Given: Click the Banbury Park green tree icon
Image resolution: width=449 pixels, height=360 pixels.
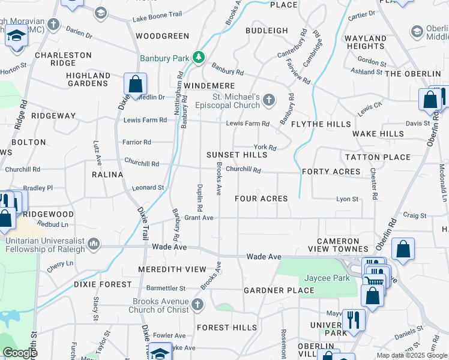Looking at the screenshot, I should click(x=199, y=58).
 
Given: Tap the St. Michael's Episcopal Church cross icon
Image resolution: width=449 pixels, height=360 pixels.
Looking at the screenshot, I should click(x=270, y=100).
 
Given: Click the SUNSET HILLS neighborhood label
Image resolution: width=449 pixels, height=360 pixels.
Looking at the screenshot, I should click(x=237, y=155).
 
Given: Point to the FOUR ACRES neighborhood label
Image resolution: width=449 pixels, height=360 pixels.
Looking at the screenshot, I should click(x=261, y=199).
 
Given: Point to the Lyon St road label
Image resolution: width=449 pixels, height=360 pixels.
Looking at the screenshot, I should click(x=347, y=199).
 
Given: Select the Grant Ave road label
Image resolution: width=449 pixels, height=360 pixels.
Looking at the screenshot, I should click(x=199, y=218).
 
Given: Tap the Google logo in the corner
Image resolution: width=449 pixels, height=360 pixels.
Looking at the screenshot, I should click(x=20, y=353).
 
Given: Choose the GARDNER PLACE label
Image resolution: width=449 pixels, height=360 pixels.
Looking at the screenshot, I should click(x=279, y=290).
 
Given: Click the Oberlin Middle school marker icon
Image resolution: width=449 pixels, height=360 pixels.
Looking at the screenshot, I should click(x=417, y=31).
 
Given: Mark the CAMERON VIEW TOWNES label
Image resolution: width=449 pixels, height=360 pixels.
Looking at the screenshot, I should click(x=342, y=245).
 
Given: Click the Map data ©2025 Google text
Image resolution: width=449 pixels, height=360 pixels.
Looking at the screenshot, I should click(x=411, y=355).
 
